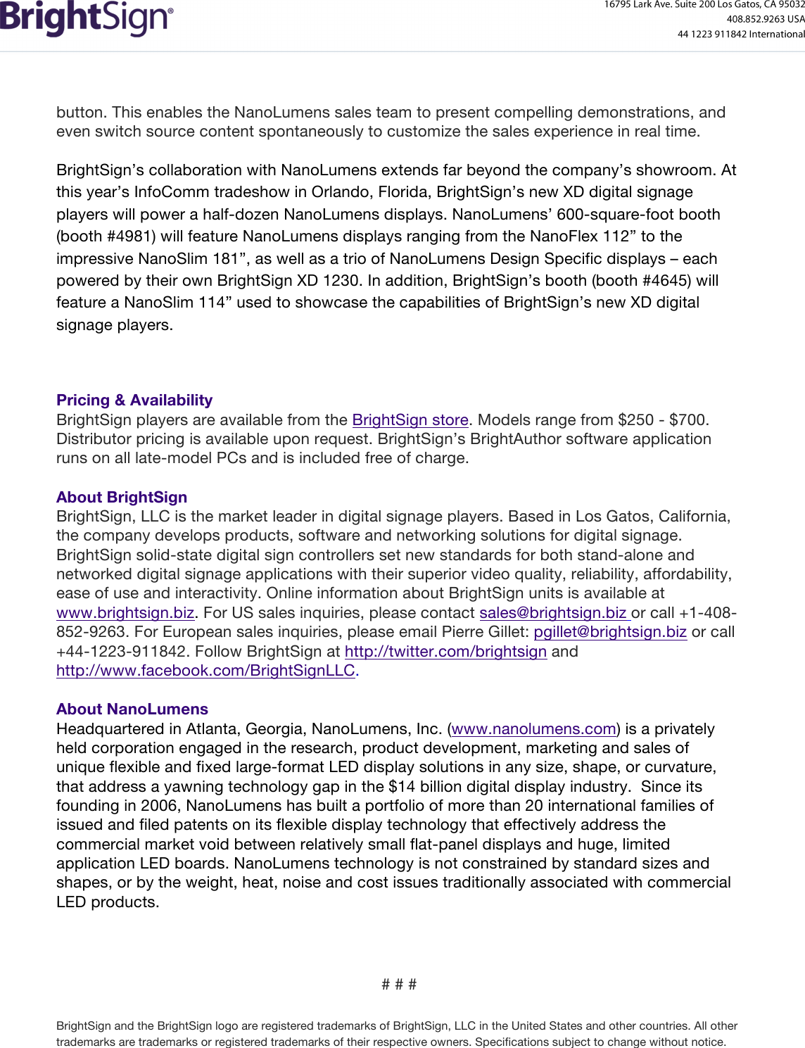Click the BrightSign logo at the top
coord(86,19)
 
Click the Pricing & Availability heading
coord(134,400)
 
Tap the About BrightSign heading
coord(122,497)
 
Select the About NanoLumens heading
coord(132,709)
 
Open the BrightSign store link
coord(410,420)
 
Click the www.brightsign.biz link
coord(125,612)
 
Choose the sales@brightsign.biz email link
coord(553,612)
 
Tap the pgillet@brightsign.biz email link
coord(610,631)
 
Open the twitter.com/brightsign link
coord(445,651)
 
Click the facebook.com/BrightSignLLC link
coord(205,670)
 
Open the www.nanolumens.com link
coord(534,728)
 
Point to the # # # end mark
coord(399,984)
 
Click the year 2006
coord(159,805)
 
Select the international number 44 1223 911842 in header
coord(711,34)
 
